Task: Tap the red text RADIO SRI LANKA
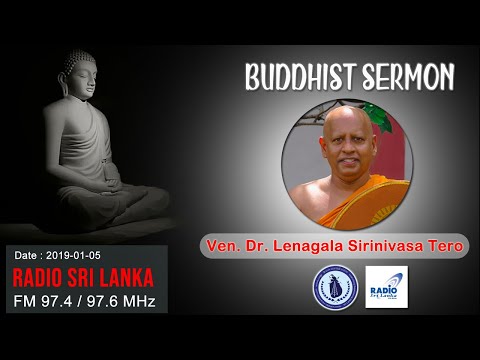point(82,276)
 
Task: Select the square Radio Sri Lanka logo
point(387,286)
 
